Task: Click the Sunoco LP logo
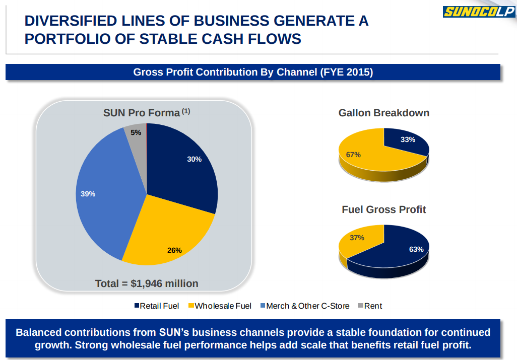click(478, 12)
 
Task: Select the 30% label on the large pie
click(194, 159)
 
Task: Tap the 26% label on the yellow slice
click(174, 250)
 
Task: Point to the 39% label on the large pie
click(88, 193)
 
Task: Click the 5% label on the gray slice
click(136, 132)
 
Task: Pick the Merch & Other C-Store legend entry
click(304, 306)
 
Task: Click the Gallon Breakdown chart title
click(383, 113)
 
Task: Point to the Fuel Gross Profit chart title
click(383, 209)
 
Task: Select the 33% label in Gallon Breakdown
click(408, 139)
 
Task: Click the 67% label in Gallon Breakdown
click(353, 155)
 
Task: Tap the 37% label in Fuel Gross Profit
click(357, 238)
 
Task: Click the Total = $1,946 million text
click(147, 283)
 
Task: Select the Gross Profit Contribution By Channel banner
click(253, 72)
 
